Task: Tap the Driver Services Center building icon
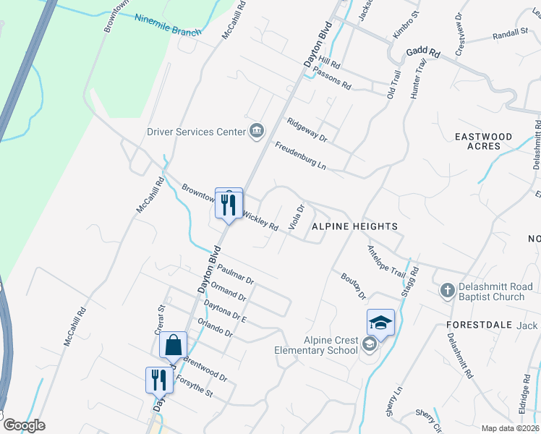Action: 256,131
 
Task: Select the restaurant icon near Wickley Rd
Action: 229,205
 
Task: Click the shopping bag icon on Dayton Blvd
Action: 174,346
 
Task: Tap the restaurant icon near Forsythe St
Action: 159,378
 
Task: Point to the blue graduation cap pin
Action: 380,323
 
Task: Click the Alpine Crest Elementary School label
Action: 316,345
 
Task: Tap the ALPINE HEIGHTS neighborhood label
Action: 354,226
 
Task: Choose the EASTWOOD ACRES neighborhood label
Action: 483,141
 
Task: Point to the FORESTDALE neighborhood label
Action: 473,325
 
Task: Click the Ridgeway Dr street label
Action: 307,130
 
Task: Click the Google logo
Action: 23,425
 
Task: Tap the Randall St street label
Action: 511,34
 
